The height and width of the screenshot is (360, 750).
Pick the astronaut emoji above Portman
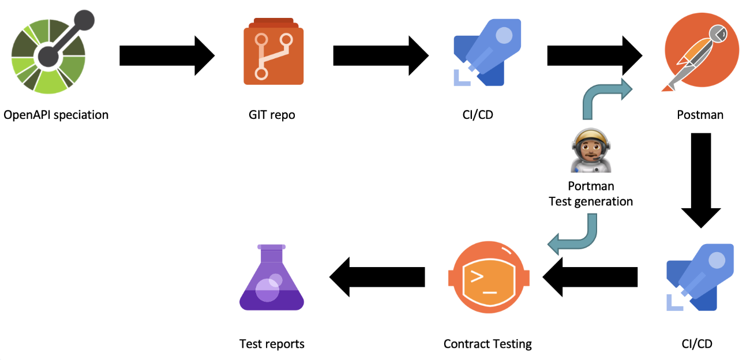click(x=591, y=152)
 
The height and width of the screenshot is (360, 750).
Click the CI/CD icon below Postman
click(x=700, y=277)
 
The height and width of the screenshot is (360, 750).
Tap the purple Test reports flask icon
click(x=271, y=277)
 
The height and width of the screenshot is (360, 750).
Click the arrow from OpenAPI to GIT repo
click(x=167, y=55)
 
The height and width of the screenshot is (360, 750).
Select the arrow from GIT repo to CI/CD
click(x=381, y=55)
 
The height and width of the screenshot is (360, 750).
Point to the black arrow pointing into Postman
click(x=594, y=55)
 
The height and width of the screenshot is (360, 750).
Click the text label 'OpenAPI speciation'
click(x=56, y=115)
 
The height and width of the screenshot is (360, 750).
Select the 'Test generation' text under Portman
click(x=591, y=201)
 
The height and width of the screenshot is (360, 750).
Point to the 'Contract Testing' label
click(x=487, y=344)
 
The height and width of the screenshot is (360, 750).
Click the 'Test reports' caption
click(x=272, y=344)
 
